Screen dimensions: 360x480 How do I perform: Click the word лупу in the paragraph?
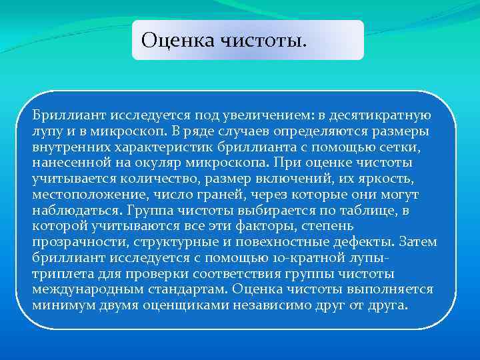tap(46, 131)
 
